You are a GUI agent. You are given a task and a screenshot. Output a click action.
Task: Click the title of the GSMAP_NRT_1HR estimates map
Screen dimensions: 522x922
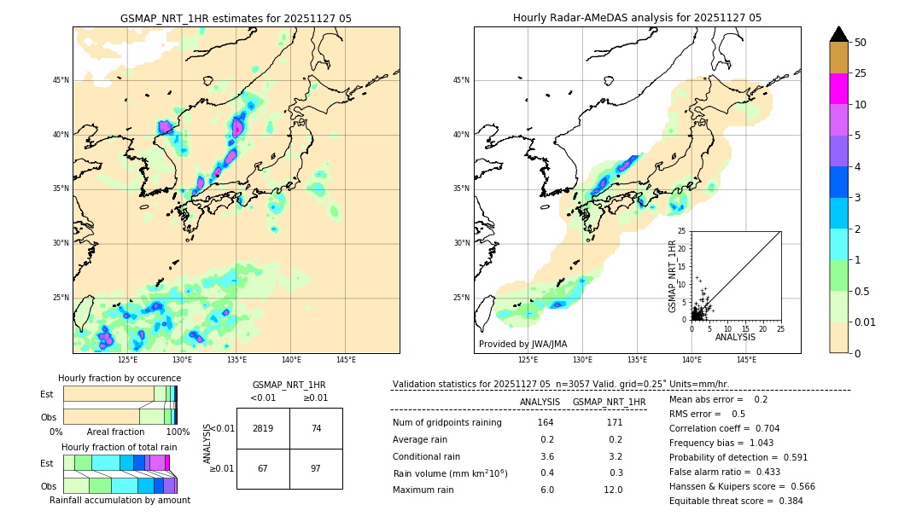point(236,18)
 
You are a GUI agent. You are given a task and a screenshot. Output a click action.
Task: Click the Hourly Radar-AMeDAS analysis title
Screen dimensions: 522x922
point(637,18)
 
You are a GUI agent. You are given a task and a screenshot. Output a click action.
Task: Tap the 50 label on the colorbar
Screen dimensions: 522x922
point(861,43)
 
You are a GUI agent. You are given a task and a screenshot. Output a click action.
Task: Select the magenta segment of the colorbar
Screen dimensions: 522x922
point(838,89)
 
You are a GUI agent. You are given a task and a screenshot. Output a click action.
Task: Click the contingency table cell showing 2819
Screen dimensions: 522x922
point(263,428)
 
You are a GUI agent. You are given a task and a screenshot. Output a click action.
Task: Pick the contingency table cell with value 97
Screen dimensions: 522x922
point(316,469)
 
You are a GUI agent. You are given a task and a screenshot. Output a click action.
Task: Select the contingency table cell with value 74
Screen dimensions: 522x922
point(316,428)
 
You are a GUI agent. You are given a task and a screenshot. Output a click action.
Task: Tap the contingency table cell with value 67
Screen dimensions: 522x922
point(263,469)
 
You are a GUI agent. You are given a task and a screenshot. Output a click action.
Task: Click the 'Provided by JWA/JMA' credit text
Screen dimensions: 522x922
point(522,345)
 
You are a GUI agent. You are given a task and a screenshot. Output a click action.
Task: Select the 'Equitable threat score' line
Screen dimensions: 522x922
point(736,501)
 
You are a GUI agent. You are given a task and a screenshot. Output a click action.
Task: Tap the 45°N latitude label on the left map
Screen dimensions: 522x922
point(61,80)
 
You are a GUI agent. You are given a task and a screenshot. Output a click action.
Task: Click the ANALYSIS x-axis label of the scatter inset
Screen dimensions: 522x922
point(735,337)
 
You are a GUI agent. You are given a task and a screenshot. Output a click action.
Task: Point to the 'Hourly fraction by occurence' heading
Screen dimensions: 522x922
point(120,378)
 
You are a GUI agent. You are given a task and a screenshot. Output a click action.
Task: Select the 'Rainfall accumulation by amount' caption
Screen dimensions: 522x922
point(120,501)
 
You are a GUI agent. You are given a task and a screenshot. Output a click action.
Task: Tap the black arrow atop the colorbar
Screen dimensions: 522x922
point(838,34)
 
